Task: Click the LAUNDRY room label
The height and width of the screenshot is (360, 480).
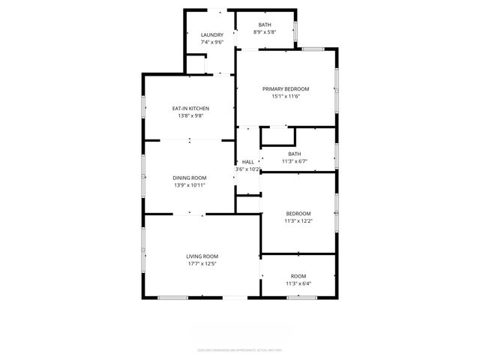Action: click(x=212, y=35)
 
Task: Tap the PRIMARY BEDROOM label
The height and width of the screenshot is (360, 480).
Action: click(x=286, y=89)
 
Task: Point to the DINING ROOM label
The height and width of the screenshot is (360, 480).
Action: click(x=190, y=178)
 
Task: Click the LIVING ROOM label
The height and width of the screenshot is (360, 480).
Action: click(x=202, y=256)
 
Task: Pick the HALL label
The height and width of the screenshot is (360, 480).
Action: click(x=247, y=162)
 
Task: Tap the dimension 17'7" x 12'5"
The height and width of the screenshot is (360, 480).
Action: click(x=202, y=264)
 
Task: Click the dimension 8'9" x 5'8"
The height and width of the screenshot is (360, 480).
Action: click(x=266, y=32)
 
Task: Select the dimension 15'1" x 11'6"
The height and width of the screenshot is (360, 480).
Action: click(x=286, y=97)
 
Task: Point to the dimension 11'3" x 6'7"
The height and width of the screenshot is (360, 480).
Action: click(x=295, y=161)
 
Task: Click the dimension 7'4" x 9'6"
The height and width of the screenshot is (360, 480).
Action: click(x=212, y=42)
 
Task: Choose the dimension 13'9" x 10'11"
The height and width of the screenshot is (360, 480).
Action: click(x=190, y=185)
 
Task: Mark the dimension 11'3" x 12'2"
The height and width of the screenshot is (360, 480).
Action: click(x=298, y=220)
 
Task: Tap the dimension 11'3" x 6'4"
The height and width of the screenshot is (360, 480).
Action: click(x=298, y=283)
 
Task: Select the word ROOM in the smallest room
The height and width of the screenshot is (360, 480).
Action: click(x=298, y=276)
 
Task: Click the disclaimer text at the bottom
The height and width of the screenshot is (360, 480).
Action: click(x=240, y=349)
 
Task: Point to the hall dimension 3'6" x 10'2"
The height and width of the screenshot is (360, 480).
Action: click(x=247, y=169)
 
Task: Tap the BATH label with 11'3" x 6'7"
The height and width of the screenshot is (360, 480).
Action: click(x=295, y=154)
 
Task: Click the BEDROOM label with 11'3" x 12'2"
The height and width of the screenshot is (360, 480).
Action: click(x=298, y=214)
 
